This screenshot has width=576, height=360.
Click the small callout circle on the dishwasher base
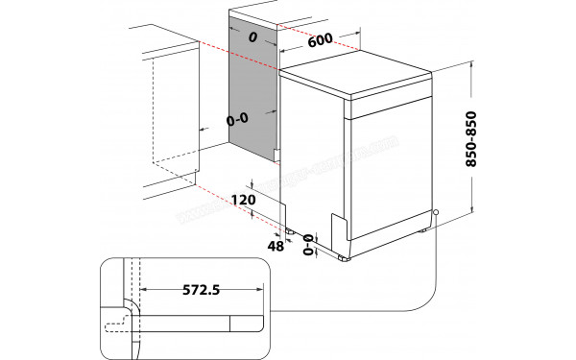tap(435, 213)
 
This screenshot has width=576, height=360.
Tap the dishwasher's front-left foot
tap(343, 258)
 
